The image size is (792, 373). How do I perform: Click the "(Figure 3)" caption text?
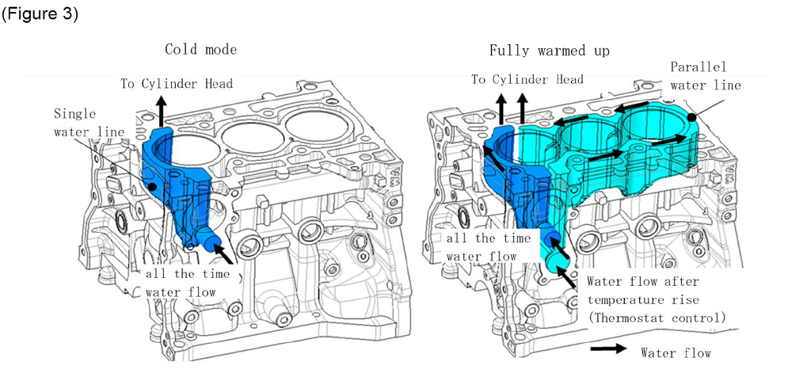(40, 15)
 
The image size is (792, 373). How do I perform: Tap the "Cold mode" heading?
(200, 50)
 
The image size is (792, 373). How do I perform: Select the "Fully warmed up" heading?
(549, 51)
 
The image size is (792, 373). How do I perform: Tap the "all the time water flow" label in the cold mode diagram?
(188, 283)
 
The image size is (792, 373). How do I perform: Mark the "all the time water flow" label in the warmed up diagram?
(483, 247)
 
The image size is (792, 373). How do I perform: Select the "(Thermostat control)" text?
(656, 318)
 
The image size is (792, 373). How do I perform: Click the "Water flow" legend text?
(676, 353)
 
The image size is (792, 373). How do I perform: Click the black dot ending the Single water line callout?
(150, 187)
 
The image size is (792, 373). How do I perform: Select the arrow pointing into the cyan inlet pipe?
(567, 276)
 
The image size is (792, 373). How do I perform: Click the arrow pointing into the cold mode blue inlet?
(226, 253)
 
